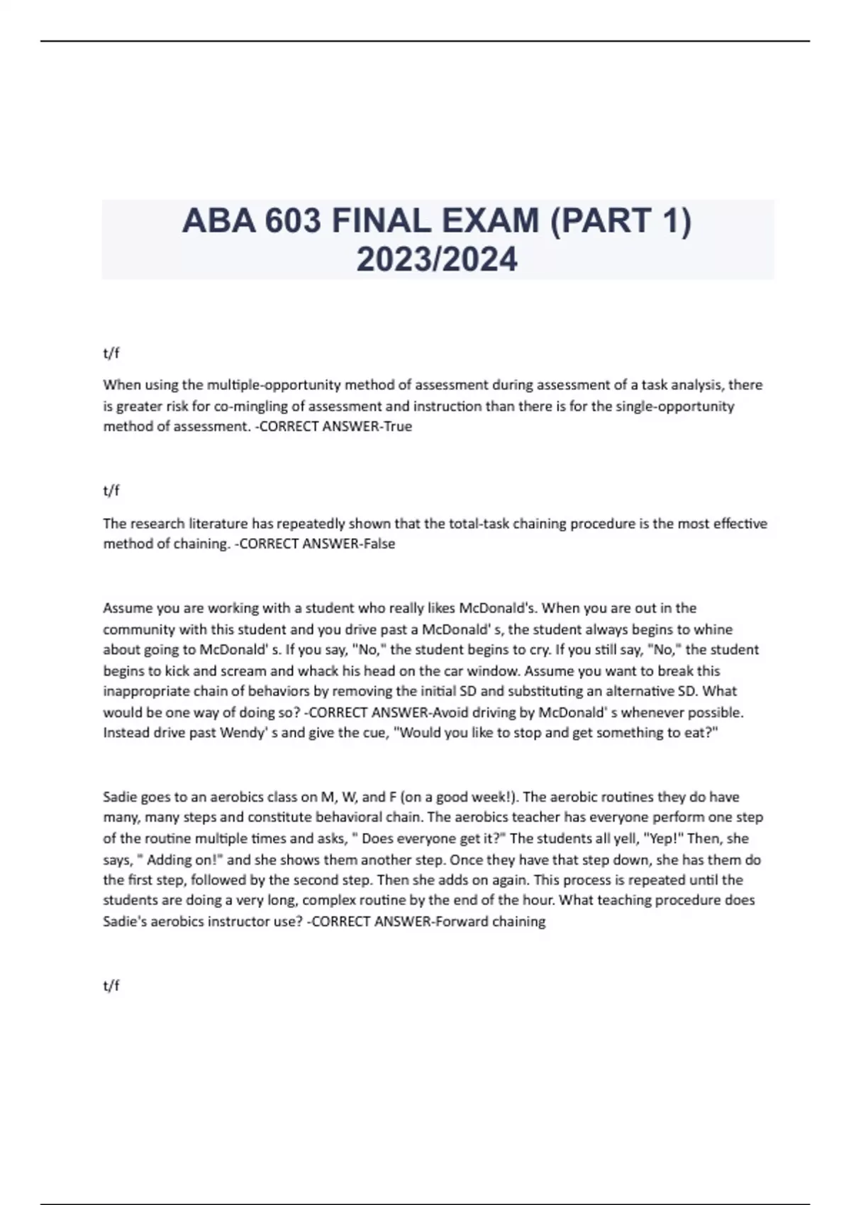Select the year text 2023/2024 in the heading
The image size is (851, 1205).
click(437, 259)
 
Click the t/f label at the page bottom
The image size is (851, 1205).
click(111, 985)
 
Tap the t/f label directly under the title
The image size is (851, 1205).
click(111, 352)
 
